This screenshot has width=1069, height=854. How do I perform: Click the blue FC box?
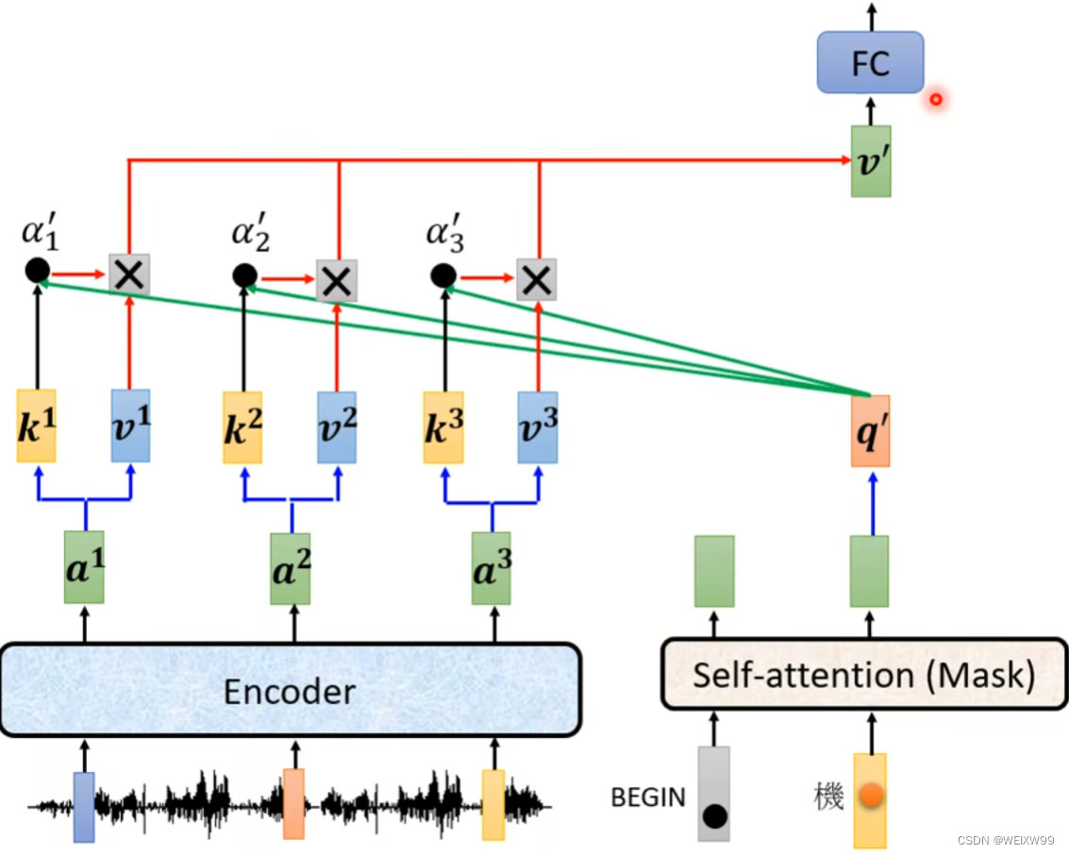click(869, 62)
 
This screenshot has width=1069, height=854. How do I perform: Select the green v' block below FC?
click(870, 161)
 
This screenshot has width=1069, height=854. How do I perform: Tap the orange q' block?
click(870, 430)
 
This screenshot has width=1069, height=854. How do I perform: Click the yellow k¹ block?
click(37, 427)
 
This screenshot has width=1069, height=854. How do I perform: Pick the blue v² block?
click(337, 427)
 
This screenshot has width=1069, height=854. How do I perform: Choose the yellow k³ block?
click(443, 427)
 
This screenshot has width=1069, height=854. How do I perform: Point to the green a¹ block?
click(84, 567)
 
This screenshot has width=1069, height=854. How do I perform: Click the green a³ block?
click(492, 567)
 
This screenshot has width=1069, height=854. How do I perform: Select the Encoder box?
click(290, 690)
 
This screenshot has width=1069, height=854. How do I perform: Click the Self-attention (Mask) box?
click(864, 676)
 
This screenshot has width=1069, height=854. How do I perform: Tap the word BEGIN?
click(648, 797)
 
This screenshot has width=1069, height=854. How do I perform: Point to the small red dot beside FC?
click(935, 98)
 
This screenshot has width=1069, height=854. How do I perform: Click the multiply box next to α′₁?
click(129, 275)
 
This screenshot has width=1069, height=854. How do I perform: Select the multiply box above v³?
click(537, 279)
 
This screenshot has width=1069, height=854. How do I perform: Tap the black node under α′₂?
click(244, 276)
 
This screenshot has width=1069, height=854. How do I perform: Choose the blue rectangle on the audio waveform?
click(84, 806)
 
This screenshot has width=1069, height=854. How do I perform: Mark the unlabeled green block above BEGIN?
click(714, 571)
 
